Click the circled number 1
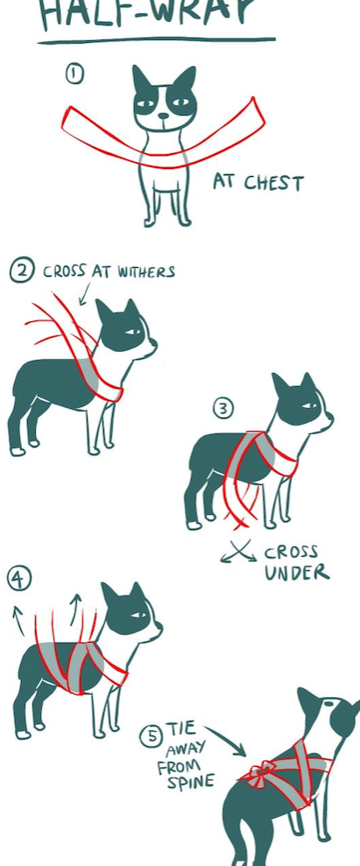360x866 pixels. pos(75,74)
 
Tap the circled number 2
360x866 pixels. pos(22,271)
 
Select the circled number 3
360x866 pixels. pos(223,409)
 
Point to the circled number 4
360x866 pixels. pos(18,578)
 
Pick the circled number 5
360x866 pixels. pos(151,737)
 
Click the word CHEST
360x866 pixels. pos(274,183)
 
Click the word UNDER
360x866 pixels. pos(297,573)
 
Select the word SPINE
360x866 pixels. pos(192,782)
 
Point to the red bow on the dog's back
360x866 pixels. pos(263,771)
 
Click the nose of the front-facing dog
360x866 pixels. pos(164,116)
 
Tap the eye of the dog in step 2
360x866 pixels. pos(132,332)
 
